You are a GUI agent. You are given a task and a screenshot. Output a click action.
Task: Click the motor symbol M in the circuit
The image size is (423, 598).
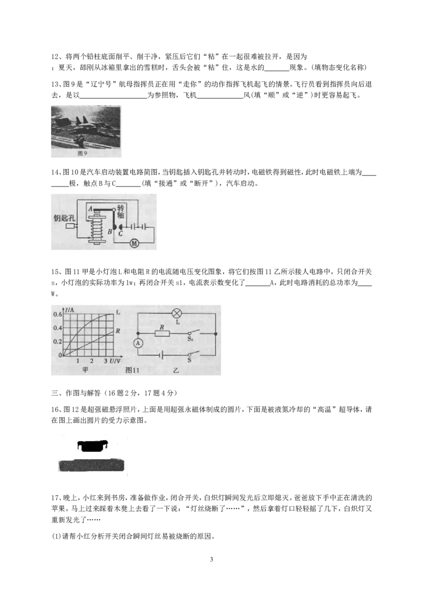134,243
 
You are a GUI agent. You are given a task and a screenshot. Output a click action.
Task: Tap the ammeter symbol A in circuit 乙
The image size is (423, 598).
138,343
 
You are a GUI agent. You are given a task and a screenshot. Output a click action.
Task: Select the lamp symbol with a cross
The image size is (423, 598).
177,313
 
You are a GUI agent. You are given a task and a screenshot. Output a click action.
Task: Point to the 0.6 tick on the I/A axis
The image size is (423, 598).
57,315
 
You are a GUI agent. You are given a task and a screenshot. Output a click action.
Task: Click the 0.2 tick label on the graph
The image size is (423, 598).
57,342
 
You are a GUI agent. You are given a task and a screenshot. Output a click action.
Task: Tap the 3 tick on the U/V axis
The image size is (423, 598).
106,361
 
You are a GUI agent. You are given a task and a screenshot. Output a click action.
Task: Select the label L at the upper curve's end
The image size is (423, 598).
117,312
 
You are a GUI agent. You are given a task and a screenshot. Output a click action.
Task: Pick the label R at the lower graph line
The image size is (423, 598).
117,331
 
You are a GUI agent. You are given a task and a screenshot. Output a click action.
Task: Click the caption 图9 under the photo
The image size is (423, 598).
82,153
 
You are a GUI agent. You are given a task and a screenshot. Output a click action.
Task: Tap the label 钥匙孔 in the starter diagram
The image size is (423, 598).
64,218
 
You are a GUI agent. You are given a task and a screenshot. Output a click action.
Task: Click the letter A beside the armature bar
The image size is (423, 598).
90,209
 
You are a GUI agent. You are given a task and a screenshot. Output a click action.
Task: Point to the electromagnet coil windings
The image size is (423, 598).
97,228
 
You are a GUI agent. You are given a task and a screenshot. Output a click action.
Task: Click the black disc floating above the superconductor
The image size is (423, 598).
93,445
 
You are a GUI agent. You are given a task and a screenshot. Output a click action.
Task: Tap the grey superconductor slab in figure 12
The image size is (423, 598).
91,465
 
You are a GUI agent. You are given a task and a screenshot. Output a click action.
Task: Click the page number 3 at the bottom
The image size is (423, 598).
212,559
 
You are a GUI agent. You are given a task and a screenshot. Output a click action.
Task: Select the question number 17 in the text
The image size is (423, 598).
55,498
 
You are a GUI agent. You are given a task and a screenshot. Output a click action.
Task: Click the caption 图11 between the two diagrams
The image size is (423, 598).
132,370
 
